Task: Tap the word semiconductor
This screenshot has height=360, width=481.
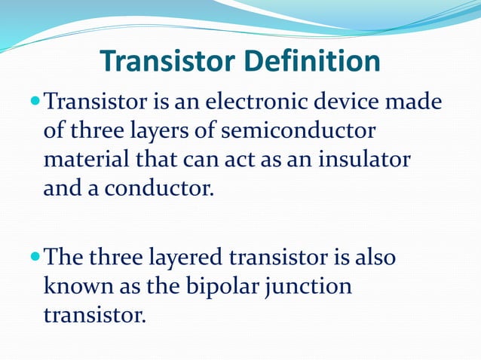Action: click(298, 130)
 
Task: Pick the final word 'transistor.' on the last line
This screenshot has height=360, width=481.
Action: click(93, 315)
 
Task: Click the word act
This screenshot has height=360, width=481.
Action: click(252, 158)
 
